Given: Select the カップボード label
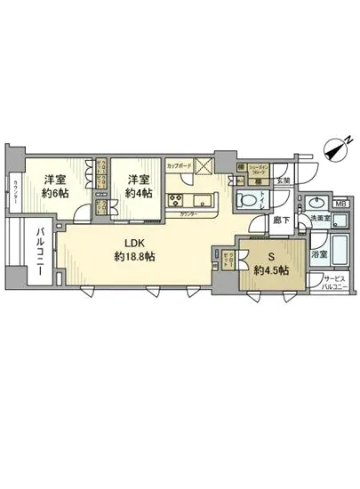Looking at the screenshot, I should click(x=178, y=164).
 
